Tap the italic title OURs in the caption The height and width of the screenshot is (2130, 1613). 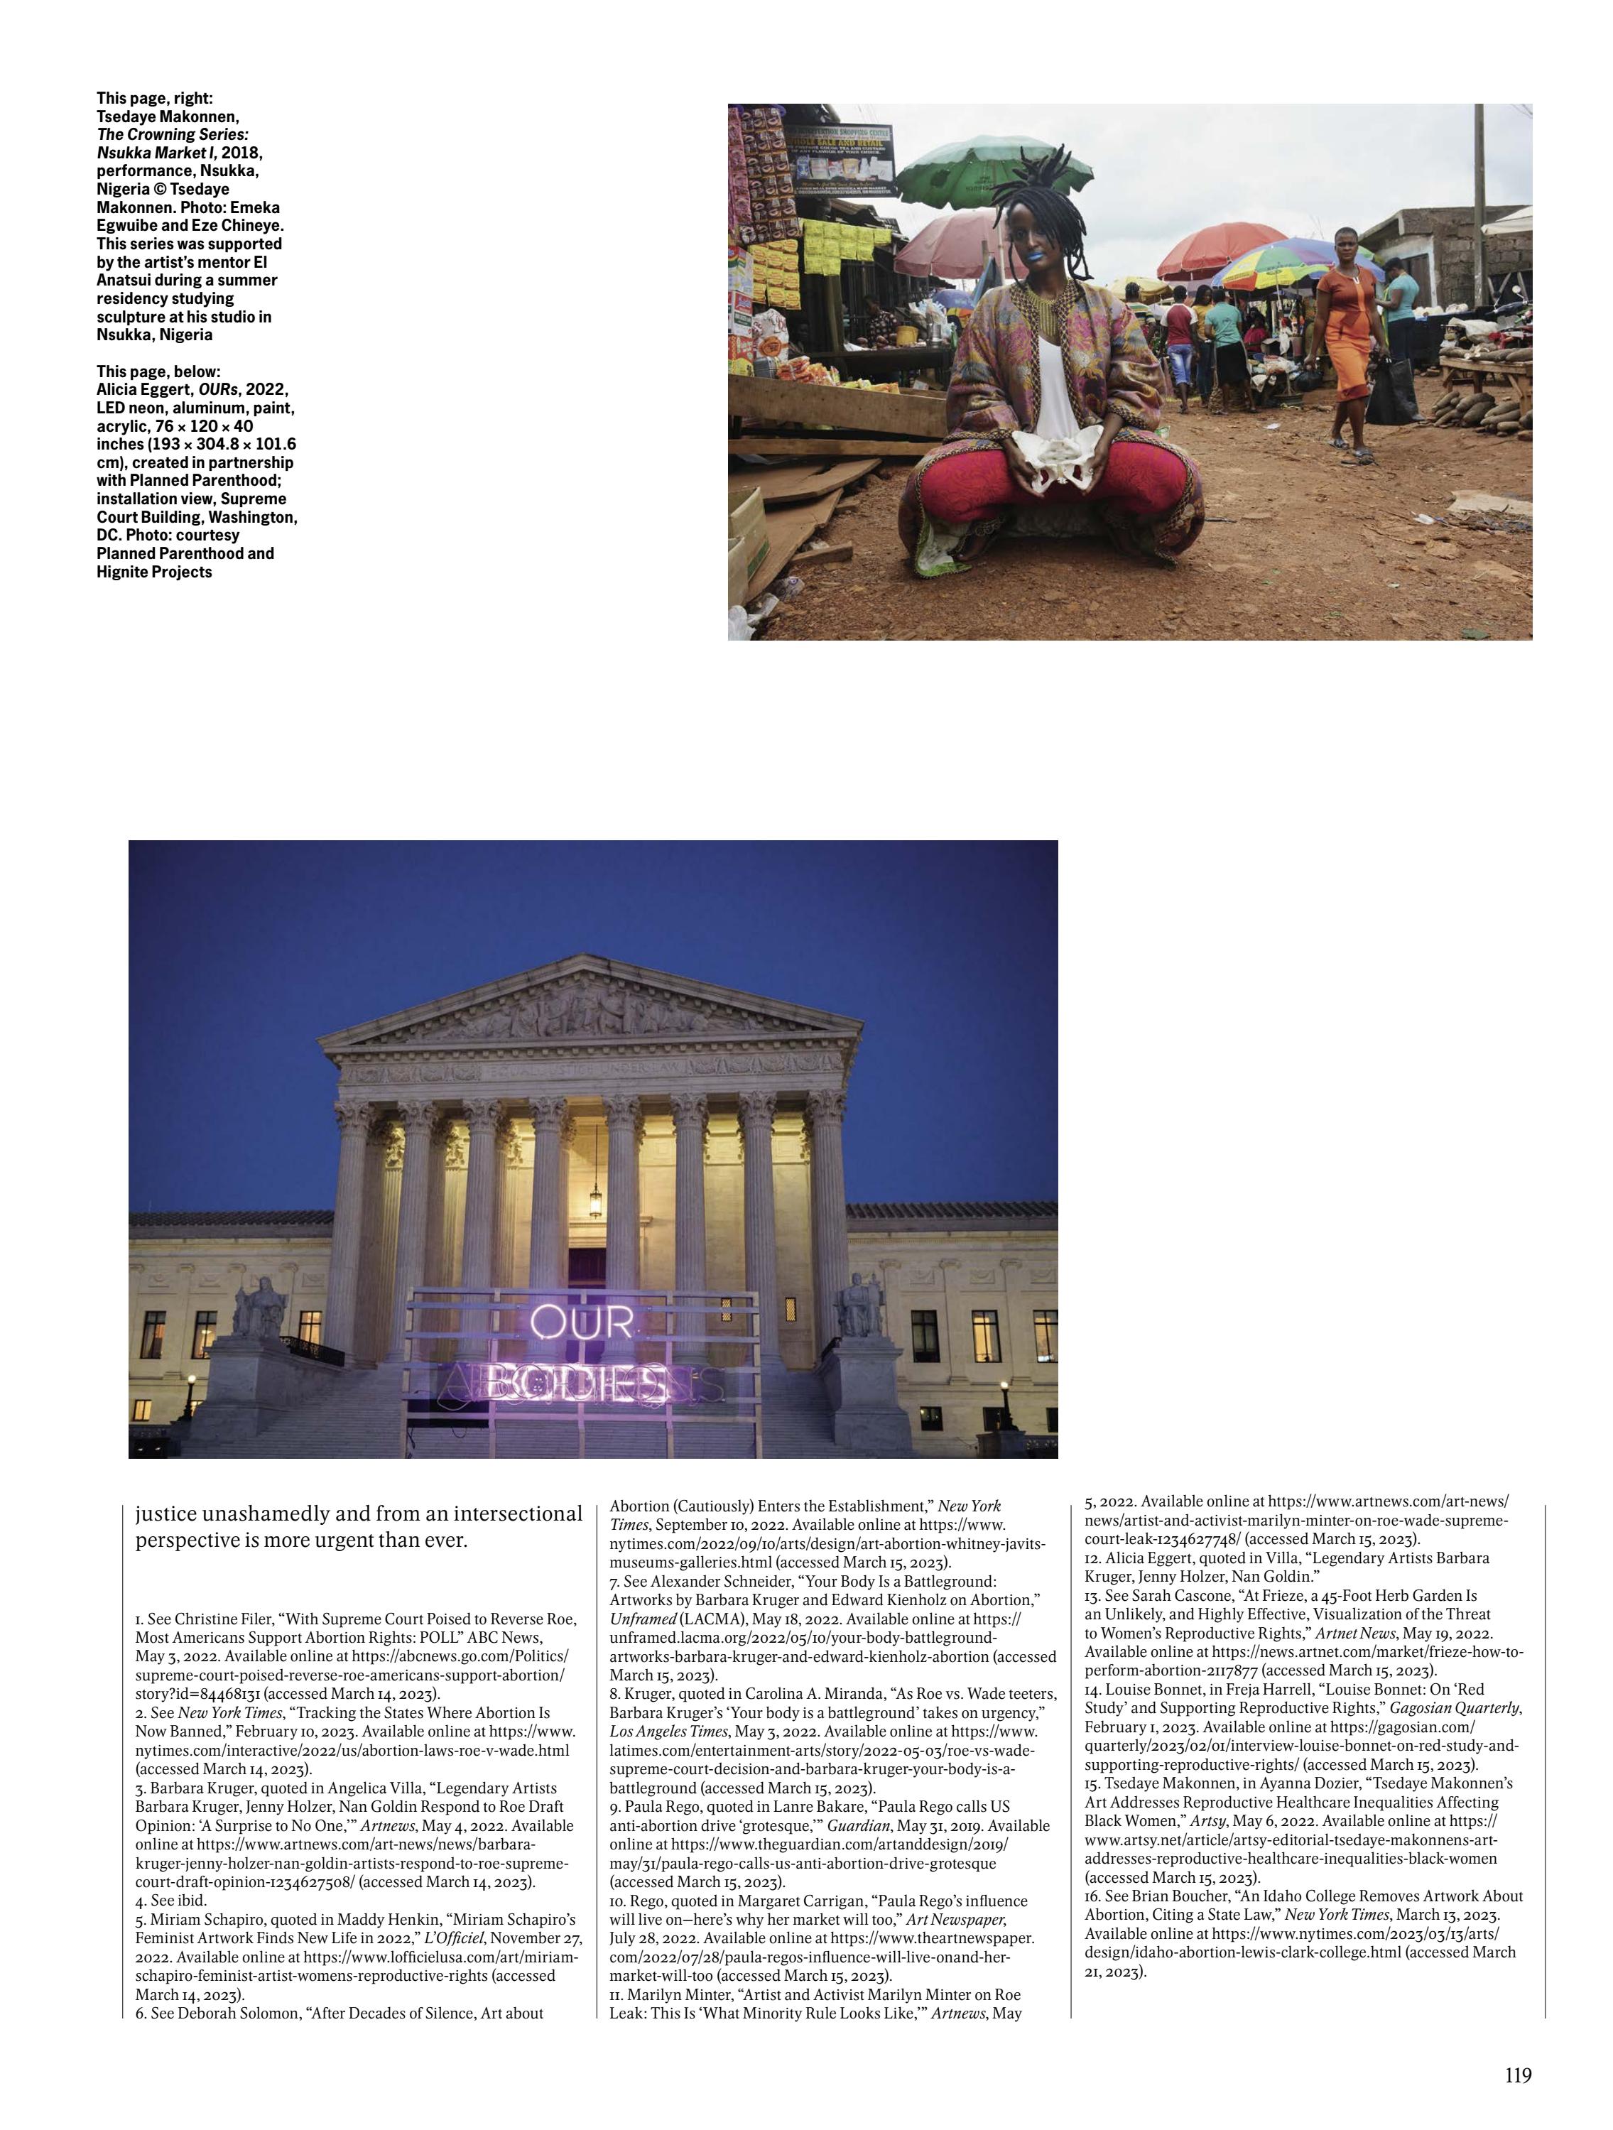tap(219, 389)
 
